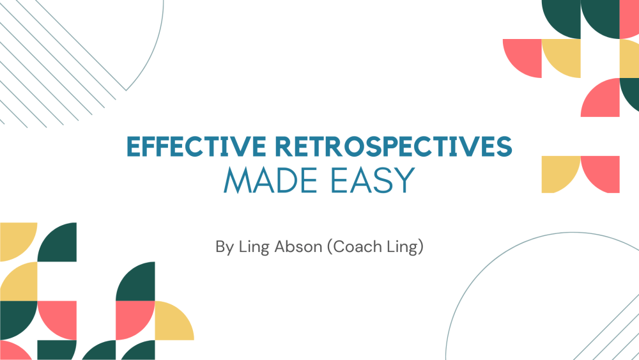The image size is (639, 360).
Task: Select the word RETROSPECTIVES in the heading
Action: coord(394,146)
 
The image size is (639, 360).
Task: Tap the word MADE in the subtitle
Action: coord(270,180)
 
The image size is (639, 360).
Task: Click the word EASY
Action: coord(373,180)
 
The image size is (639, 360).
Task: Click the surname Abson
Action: coord(298,247)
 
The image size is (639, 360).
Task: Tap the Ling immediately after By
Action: coord(254,247)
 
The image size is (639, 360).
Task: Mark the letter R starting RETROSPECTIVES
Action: coord(284,146)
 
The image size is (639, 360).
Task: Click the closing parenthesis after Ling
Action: coord(420,247)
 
